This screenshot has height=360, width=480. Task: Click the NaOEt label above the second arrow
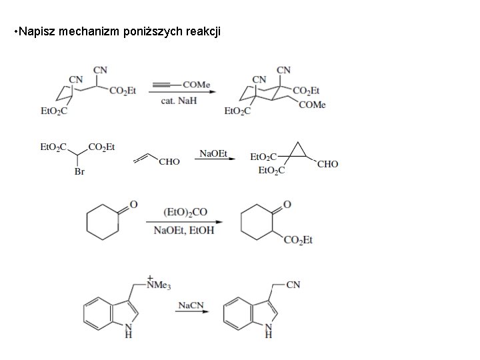pos(213,154)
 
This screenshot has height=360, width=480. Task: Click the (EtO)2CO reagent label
pos(185,213)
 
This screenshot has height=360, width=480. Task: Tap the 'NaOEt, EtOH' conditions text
pos(185,231)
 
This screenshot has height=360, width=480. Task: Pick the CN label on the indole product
pos(293,285)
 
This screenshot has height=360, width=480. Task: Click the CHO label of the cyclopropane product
pos(328,164)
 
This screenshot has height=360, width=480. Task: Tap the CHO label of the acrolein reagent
pos(169,162)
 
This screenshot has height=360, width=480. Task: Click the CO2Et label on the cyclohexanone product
pos(298,240)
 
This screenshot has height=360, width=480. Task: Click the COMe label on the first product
pos(312,105)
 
